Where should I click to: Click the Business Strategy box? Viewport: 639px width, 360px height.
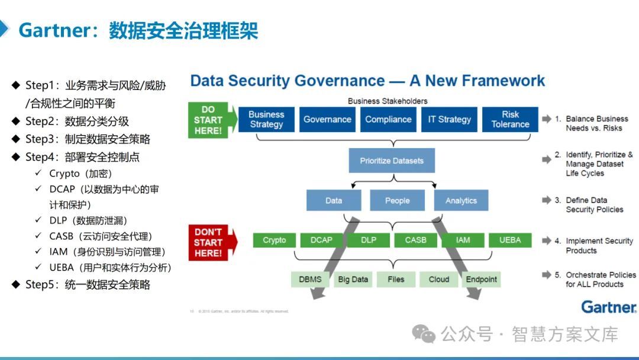266,120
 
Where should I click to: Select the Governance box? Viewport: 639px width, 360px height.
327,120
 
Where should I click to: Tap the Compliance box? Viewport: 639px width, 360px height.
388,120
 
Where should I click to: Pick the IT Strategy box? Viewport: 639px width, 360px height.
450,120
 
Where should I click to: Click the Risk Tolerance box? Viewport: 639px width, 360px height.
510,120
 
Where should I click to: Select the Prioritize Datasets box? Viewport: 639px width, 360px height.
392,161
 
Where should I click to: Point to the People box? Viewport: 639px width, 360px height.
397,200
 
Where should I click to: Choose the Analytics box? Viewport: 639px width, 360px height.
461,200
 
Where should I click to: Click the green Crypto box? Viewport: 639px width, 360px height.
274,240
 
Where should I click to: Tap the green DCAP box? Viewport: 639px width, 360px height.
321,240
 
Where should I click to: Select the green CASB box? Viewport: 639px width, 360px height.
415,240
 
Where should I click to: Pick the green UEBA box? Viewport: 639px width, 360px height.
510,240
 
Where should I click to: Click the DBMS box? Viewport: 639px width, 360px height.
311,279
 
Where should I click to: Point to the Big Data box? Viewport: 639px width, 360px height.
353,279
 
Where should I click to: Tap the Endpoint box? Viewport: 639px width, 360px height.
482,279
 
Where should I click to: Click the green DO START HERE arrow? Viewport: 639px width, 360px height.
211,120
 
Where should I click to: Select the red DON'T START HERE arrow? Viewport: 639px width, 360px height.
211,242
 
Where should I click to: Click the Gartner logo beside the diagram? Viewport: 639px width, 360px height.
608,307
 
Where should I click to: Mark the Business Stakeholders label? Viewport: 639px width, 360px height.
388,101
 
